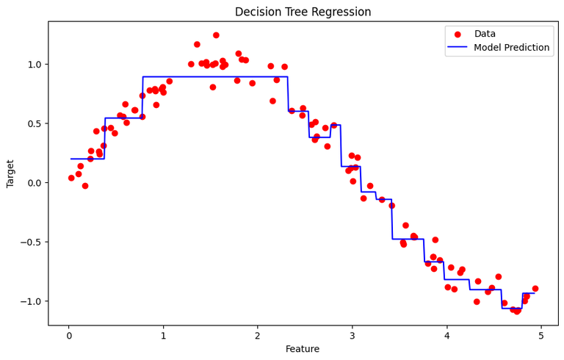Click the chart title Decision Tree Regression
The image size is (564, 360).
click(303, 12)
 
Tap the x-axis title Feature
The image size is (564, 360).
click(303, 349)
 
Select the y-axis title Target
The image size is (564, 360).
click(10, 173)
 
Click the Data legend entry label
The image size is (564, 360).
click(485, 34)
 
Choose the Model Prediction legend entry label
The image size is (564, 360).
click(511, 48)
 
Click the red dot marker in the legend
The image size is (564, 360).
click(458, 35)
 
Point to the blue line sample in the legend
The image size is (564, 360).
click(458, 48)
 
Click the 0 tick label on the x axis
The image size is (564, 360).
click(69, 336)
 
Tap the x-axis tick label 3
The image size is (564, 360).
click(352, 336)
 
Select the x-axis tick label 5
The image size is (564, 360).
click(541, 336)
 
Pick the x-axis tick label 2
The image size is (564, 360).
click(258, 336)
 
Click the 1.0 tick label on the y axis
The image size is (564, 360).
click(35, 65)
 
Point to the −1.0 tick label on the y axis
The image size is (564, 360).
click(32, 302)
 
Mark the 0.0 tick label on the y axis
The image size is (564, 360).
click(35, 183)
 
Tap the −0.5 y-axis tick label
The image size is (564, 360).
click(32, 242)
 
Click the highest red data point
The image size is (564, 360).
click(216, 35)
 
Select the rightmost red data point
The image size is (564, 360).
click(535, 289)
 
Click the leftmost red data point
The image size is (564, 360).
click(71, 178)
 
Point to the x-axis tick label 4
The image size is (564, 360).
click(446, 336)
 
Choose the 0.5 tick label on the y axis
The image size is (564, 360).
click(35, 123)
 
